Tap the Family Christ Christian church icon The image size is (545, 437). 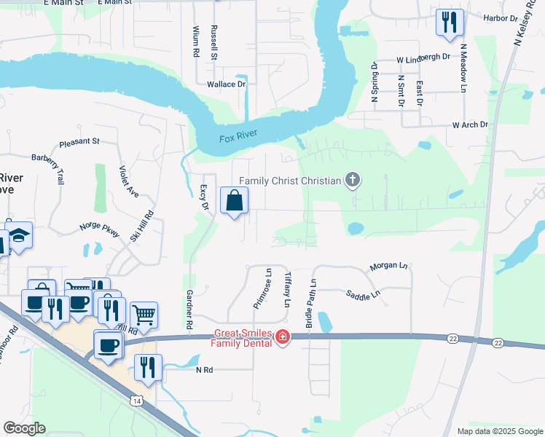353,179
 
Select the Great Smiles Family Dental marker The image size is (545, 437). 282,336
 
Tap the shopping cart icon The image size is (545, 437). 144,315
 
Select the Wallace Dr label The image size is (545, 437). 227,84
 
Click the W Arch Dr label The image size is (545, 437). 470,125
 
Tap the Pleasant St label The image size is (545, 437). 79,143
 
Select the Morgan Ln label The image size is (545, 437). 388,266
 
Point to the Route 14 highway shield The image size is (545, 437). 136,400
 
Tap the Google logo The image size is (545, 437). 24,428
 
